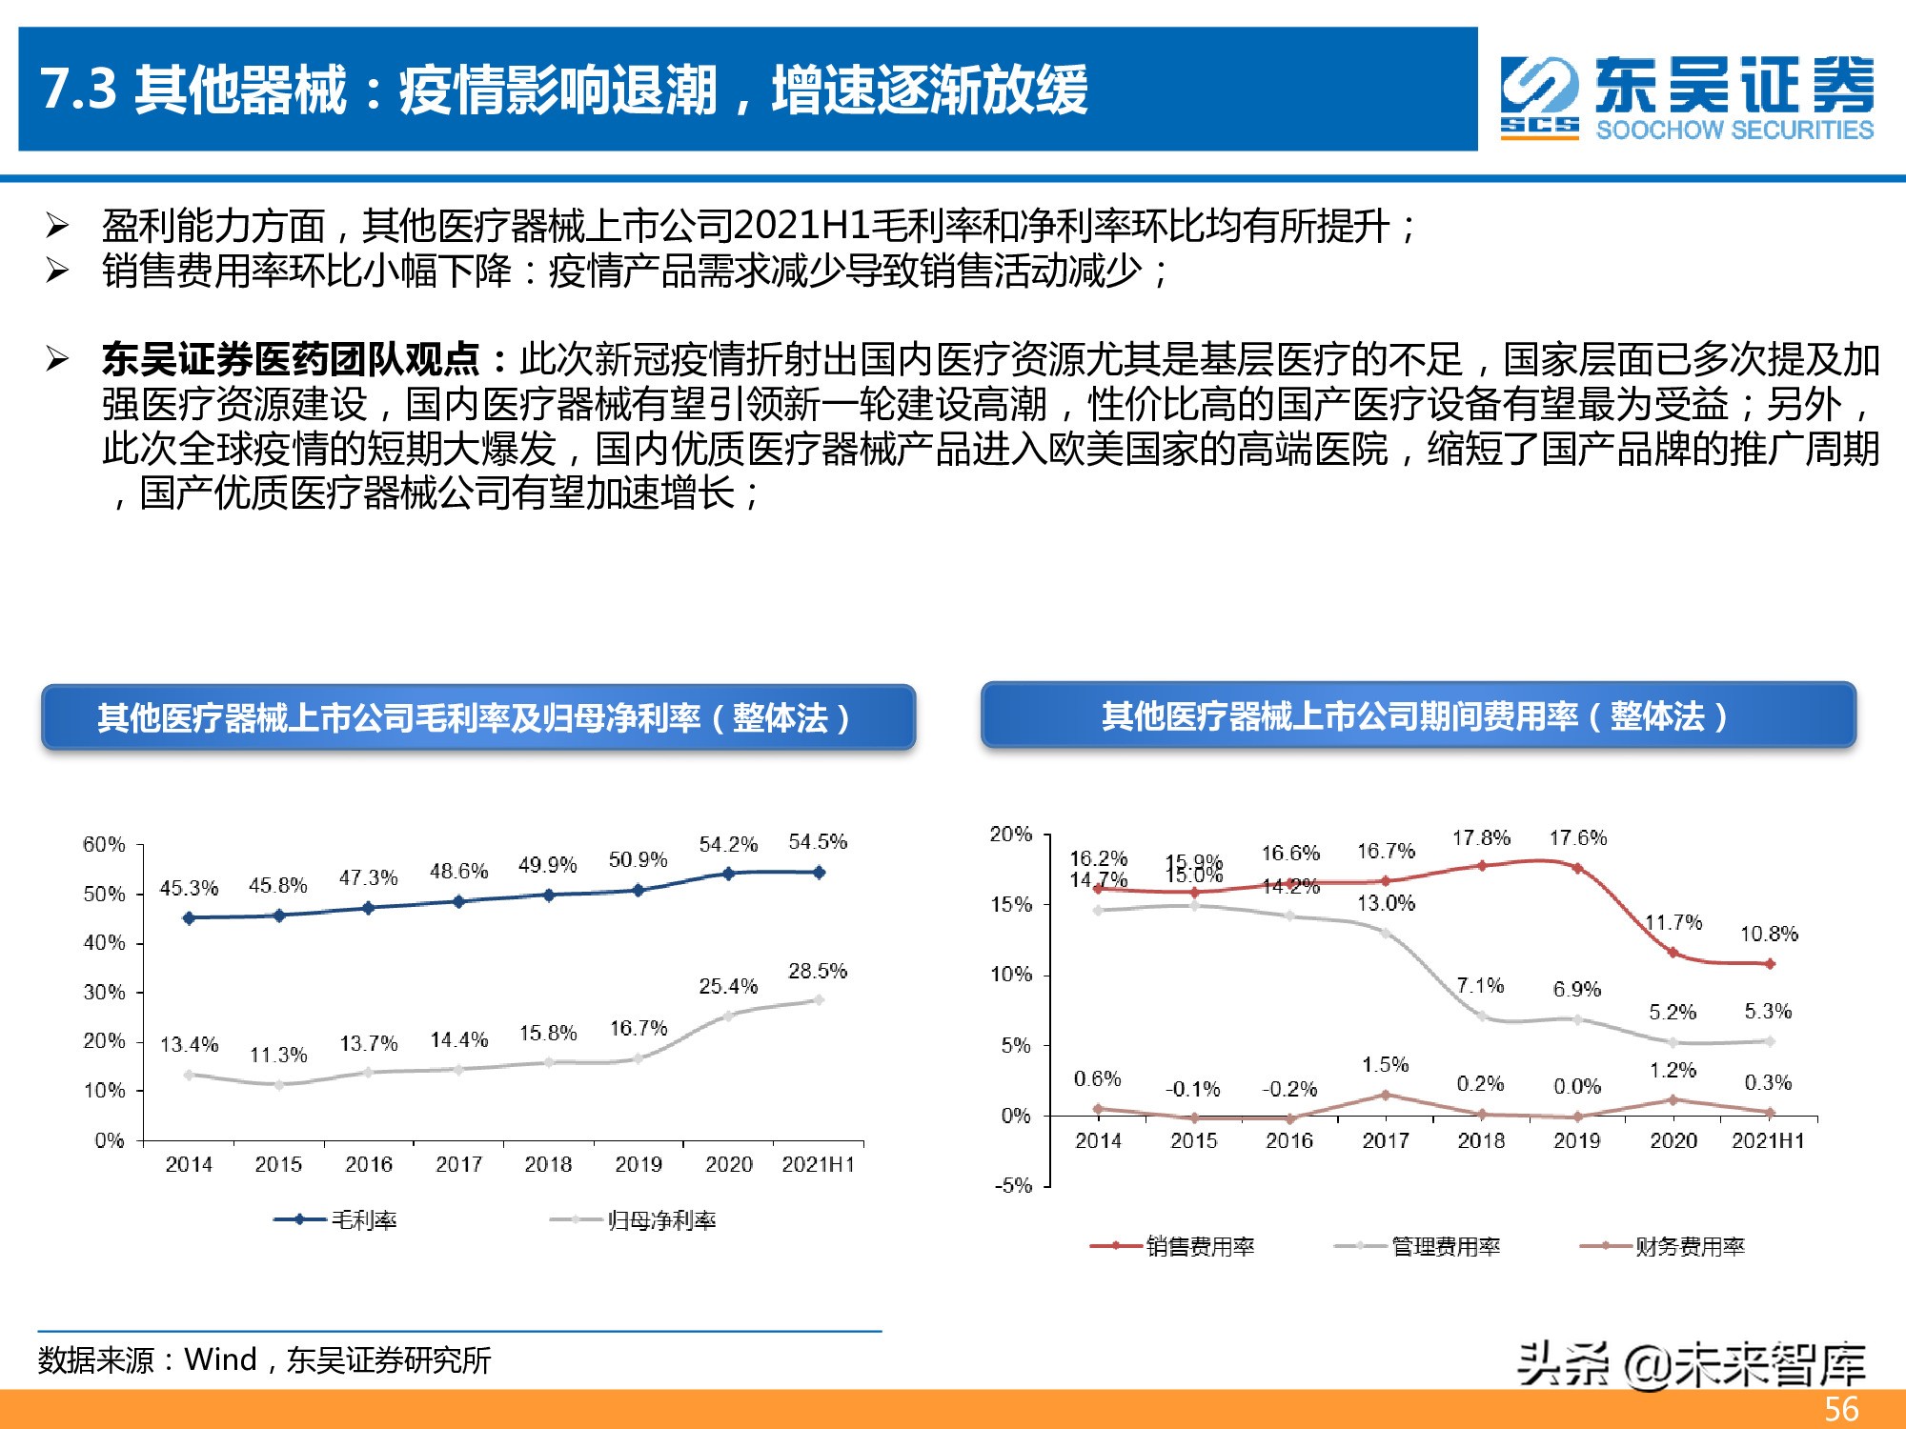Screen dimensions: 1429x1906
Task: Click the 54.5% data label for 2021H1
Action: pyautogui.click(x=817, y=842)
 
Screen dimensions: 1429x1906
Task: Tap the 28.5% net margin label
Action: pyautogui.click(x=817, y=971)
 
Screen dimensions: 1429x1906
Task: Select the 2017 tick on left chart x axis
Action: pyautogui.click(x=458, y=1164)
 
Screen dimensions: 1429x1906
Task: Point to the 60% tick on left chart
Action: pyautogui.click(x=104, y=844)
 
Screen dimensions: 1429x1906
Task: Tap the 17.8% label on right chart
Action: pyautogui.click(x=1481, y=838)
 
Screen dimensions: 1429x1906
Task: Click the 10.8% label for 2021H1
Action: pyautogui.click(x=1769, y=934)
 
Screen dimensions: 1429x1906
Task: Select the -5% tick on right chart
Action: pyautogui.click(x=1013, y=1186)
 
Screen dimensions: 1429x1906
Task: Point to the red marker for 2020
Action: pyautogui.click(x=1673, y=953)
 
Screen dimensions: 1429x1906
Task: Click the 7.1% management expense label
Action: pyautogui.click(x=1480, y=985)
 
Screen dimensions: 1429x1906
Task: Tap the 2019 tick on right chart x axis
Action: pyautogui.click(x=1576, y=1140)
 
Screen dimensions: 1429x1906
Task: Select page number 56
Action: pyautogui.click(x=1841, y=1409)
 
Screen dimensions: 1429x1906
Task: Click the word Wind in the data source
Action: pyautogui.click(x=220, y=1359)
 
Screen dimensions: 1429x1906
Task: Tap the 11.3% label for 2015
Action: pyautogui.click(x=278, y=1056)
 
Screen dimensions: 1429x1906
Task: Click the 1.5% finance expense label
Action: pyautogui.click(x=1385, y=1065)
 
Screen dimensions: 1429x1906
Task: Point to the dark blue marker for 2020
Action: pyautogui.click(x=728, y=874)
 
